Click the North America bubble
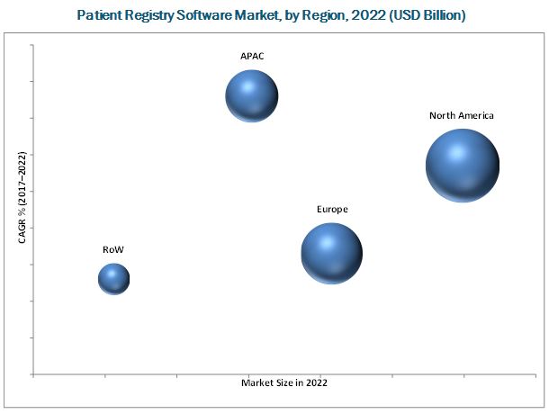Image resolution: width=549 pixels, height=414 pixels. click(x=462, y=166)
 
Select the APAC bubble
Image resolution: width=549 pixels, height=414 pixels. click(x=251, y=94)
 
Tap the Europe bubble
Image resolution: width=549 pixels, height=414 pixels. click(x=331, y=254)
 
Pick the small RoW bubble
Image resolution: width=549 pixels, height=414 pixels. click(x=113, y=279)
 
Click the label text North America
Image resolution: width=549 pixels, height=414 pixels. click(x=461, y=115)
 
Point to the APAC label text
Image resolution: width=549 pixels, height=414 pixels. click(x=251, y=56)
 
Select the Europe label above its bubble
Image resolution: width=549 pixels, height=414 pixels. click(x=331, y=209)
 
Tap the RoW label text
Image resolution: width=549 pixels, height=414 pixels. click(x=113, y=248)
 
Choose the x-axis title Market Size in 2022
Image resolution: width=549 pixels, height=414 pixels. click(x=284, y=383)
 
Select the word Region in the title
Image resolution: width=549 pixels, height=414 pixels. click(x=319, y=15)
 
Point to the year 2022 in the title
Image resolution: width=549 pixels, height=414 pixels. click(x=364, y=15)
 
